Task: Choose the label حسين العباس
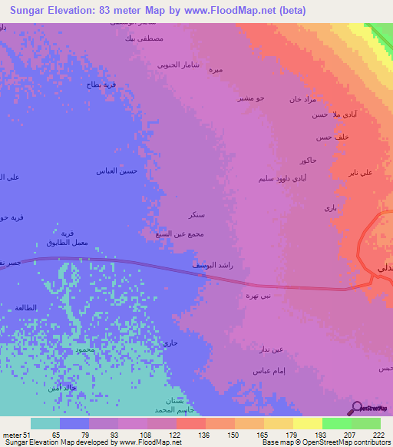pyautogui.click(x=116, y=171)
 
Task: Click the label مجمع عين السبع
pyautogui.click(x=173, y=233)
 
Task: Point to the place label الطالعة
pyautogui.click(x=25, y=307)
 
